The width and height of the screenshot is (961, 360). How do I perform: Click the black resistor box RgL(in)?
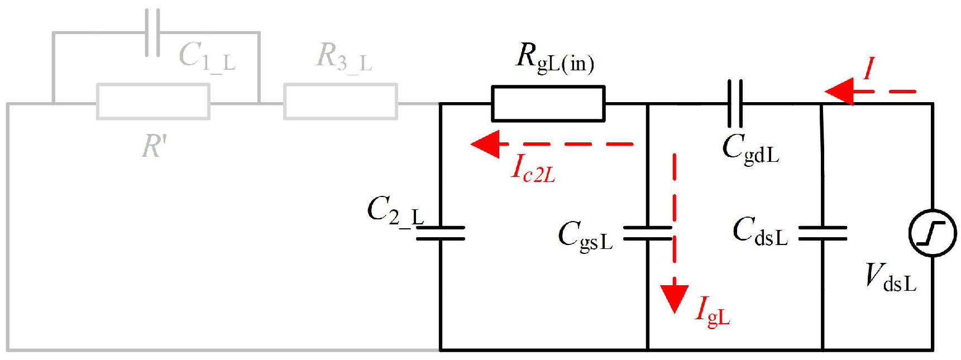(x=548, y=103)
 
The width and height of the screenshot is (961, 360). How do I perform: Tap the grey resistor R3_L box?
(x=340, y=102)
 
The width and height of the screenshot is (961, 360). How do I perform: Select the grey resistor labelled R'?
(x=153, y=102)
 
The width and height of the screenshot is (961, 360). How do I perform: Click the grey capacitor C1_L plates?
(x=152, y=32)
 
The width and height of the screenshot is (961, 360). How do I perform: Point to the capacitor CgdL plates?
(x=735, y=103)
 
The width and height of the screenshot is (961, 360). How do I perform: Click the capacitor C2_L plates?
(x=441, y=233)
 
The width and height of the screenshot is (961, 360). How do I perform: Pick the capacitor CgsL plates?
(x=647, y=233)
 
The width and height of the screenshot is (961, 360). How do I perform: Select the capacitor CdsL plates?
(x=823, y=233)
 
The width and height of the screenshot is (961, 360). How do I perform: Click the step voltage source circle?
(x=932, y=233)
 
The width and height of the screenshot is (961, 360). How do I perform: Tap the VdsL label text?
(x=891, y=277)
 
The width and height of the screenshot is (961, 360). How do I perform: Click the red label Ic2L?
(x=533, y=168)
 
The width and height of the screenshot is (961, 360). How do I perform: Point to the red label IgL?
(x=712, y=311)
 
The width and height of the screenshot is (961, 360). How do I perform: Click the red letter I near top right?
(x=868, y=69)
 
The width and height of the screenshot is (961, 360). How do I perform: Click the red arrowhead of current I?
(x=839, y=91)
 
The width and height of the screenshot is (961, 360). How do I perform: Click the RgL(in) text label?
(x=554, y=58)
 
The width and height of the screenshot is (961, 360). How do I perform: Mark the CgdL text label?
(x=750, y=148)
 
